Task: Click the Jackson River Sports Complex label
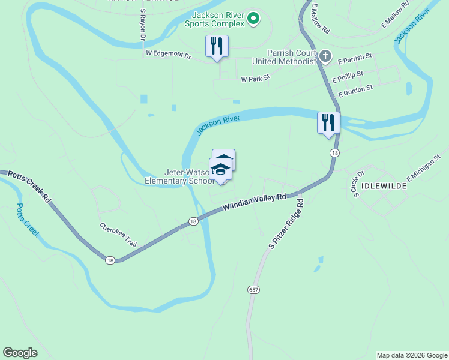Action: pyautogui.click(x=218, y=19)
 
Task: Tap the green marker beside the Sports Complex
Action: pyautogui.click(x=253, y=19)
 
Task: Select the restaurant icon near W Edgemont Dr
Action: pyautogui.click(x=216, y=46)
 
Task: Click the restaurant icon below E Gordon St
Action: pyautogui.click(x=328, y=122)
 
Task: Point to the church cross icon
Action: pyautogui.click(x=325, y=57)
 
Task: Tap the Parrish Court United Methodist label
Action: pyautogui.click(x=284, y=57)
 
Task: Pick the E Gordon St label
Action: pyautogui.click(x=356, y=91)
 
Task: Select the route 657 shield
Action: pyautogui.click(x=253, y=289)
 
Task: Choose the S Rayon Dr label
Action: pyautogui.click(x=143, y=25)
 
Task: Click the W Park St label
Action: pyautogui.click(x=256, y=79)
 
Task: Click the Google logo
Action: pyautogui.click(x=20, y=353)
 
